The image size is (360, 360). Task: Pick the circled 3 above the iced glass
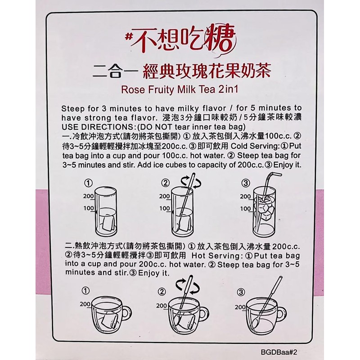click(x=246, y=183)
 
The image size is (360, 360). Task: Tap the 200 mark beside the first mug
click(x=85, y=304)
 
